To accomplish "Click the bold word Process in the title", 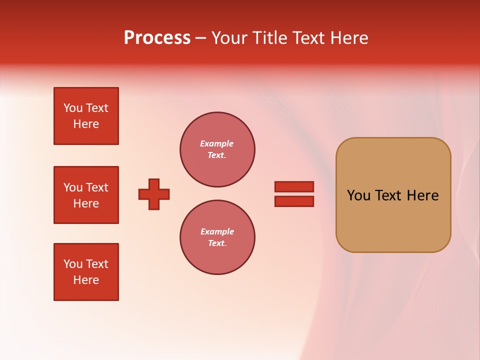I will pyautogui.click(x=157, y=38).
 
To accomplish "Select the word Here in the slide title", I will pyautogui.click(x=348, y=38).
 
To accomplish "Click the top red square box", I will pyautogui.click(x=86, y=116).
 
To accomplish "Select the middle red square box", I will pyautogui.click(x=86, y=195).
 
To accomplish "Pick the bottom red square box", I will pyautogui.click(x=86, y=272).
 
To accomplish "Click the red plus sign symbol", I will pyautogui.click(x=154, y=194).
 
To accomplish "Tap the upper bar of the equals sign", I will pyautogui.click(x=294, y=186).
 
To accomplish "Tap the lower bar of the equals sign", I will pyautogui.click(x=294, y=201).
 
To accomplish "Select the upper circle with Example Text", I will pyautogui.click(x=217, y=149).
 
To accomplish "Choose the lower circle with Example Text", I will pyautogui.click(x=217, y=237).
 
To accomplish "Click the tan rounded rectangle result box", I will pyautogui.click(x=393, y=220).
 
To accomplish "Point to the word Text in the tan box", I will pyautogui.click(x=389, y=195).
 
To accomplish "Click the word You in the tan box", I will pyautogui.click(x=358, y=195).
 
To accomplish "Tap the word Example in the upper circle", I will pyautogui.click(x=216, y=143).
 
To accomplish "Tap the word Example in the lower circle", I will pyautogui.click(x=217, y=231).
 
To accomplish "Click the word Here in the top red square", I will pyautogui.click(x=86, y=124).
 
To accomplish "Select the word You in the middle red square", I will pyautogui.click(x=73, y=187).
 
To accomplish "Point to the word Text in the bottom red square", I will pyautogui.click(x=97, y=264).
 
